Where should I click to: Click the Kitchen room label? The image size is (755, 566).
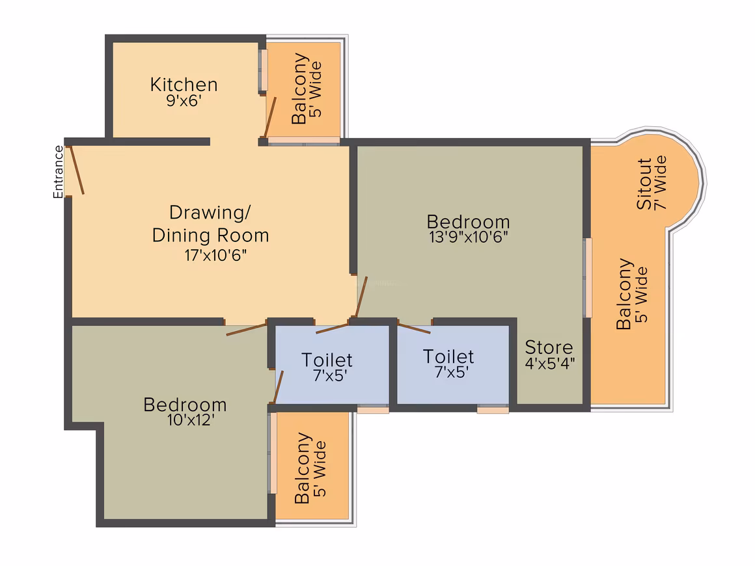(184, 85)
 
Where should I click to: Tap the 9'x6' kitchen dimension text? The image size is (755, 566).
(184, 101)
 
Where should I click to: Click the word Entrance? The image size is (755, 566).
(59, 172)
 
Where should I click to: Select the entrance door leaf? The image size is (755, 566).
(77, 170)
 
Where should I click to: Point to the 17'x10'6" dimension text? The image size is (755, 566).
(215, 254)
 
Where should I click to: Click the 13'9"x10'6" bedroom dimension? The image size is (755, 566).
(469, 236)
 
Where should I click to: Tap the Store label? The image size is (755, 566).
(549, 347)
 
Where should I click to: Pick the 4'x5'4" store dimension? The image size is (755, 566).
(550, 363)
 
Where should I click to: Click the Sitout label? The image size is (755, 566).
(644, 183)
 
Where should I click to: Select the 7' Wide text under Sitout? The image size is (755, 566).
(660, 182)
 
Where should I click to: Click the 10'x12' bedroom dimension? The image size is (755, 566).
(191, 420)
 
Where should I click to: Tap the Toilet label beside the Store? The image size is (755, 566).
(448, 357)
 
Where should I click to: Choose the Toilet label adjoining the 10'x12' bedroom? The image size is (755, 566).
(327, 360)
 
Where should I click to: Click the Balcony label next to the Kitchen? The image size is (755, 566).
(299, 88)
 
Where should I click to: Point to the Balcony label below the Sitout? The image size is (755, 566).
(624, 293)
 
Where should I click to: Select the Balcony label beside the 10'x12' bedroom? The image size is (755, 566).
(303, 468)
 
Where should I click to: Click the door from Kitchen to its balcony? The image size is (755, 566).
(270, 118)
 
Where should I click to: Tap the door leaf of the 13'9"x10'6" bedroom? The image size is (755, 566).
(361, 297)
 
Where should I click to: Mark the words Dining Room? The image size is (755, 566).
(210, 236)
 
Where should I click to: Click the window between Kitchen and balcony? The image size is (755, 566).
(263, 70)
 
